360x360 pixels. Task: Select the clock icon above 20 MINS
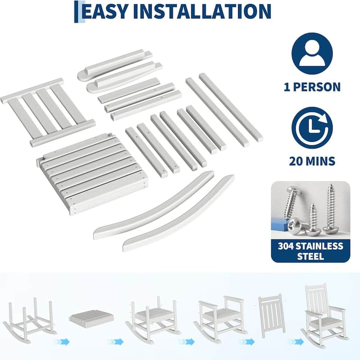point(311,127)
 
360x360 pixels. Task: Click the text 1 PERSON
point(312,87)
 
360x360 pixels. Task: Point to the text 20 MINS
point(312,161)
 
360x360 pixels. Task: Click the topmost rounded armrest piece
point(115,64)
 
